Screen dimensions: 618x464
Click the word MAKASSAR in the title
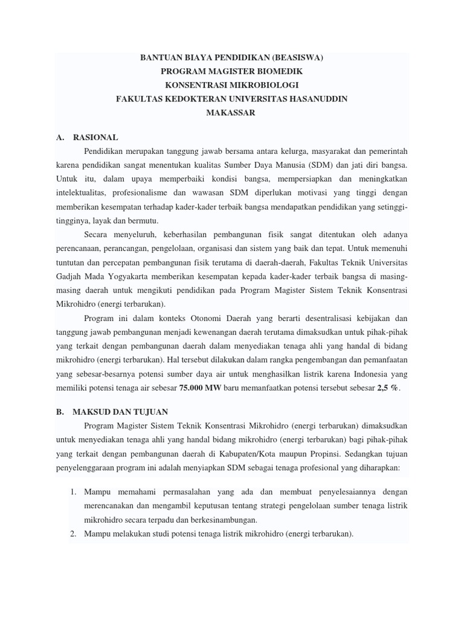click(231, 113)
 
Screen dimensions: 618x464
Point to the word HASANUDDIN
click(319, 99)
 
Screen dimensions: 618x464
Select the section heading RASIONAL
click(95, 137)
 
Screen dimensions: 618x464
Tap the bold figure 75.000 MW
click(201, 388)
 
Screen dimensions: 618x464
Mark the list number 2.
click(72, 534)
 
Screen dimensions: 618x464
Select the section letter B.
click(59, 412)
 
